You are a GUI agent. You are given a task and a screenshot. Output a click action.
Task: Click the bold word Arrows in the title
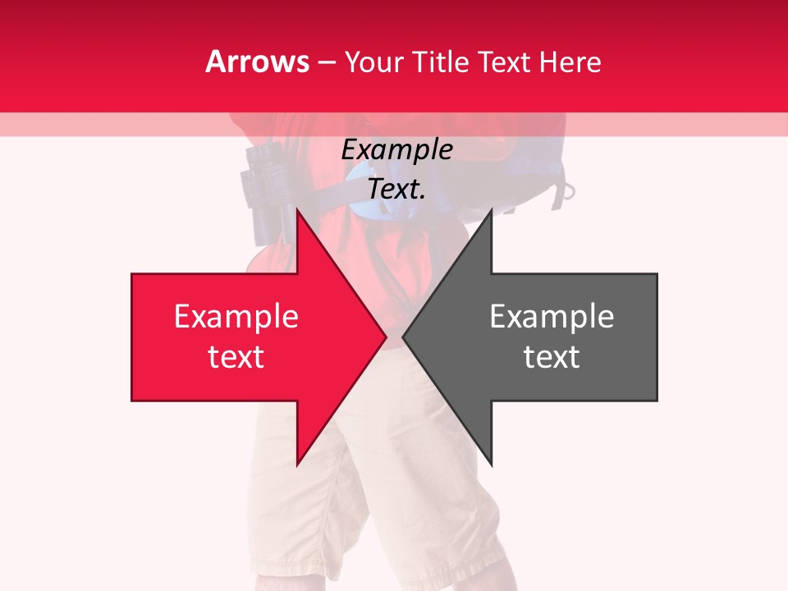tap(258, 62)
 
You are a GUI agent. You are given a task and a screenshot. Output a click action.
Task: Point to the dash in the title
tap(327, 63)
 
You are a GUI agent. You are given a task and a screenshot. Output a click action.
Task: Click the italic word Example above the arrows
tap(396, 150)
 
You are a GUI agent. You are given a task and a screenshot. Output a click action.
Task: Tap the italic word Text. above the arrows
tap(396, 190)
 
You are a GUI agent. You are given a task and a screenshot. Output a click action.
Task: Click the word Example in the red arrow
tap(236, 317)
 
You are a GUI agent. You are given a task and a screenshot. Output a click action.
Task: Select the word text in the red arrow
tap(236, 357)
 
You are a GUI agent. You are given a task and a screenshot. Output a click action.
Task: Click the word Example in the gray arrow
tap(552, 317)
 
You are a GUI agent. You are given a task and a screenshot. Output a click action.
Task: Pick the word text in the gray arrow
tap(552, 357)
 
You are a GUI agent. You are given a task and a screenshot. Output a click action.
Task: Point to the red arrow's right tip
tap(385, 337)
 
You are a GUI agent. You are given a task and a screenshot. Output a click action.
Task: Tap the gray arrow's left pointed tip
tap(404, 337)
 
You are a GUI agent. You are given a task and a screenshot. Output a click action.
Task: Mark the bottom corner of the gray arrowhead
tap(491, 465)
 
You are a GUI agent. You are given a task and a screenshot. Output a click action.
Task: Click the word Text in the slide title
tap(508, 62)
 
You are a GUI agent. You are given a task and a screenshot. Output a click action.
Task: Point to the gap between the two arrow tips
tap(395, 337)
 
